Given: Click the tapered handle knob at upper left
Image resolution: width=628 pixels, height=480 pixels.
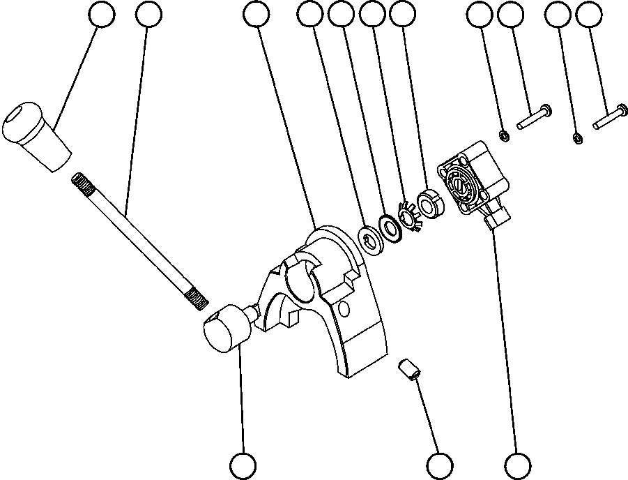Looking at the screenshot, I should (38, 134).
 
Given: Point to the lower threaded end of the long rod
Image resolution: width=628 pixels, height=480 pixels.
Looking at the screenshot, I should (197, 299).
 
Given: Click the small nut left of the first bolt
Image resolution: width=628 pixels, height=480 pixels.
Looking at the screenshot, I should (503, 135).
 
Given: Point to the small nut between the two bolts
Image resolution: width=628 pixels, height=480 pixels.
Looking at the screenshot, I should (578, 138).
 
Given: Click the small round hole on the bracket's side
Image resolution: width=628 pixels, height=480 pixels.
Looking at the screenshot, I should (342, 308).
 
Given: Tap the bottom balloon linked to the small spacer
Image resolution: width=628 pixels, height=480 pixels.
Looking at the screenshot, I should (439, 465).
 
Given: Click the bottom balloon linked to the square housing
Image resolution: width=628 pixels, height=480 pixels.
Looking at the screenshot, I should (516, 465).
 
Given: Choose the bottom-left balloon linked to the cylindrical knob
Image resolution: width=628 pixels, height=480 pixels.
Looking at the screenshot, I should (243, 465).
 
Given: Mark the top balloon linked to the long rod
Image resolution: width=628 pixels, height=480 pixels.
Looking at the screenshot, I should (148, 15).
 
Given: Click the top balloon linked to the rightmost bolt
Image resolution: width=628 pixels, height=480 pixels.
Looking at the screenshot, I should (590, 15).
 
